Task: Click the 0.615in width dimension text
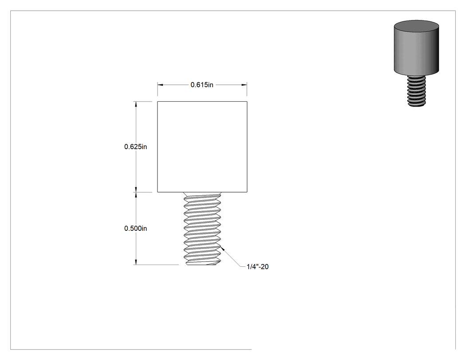(202, 85)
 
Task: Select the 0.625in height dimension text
(135, 146)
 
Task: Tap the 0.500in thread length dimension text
(135, 228)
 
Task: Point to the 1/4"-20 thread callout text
(258, 267)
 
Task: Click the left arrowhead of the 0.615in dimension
(160, 85)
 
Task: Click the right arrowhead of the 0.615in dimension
(244, 85)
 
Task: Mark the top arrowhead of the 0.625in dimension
(136, 104)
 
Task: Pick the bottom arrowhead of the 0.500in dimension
(136, 261)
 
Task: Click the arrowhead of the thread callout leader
(223, 249)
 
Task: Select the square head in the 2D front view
(202, 146)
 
